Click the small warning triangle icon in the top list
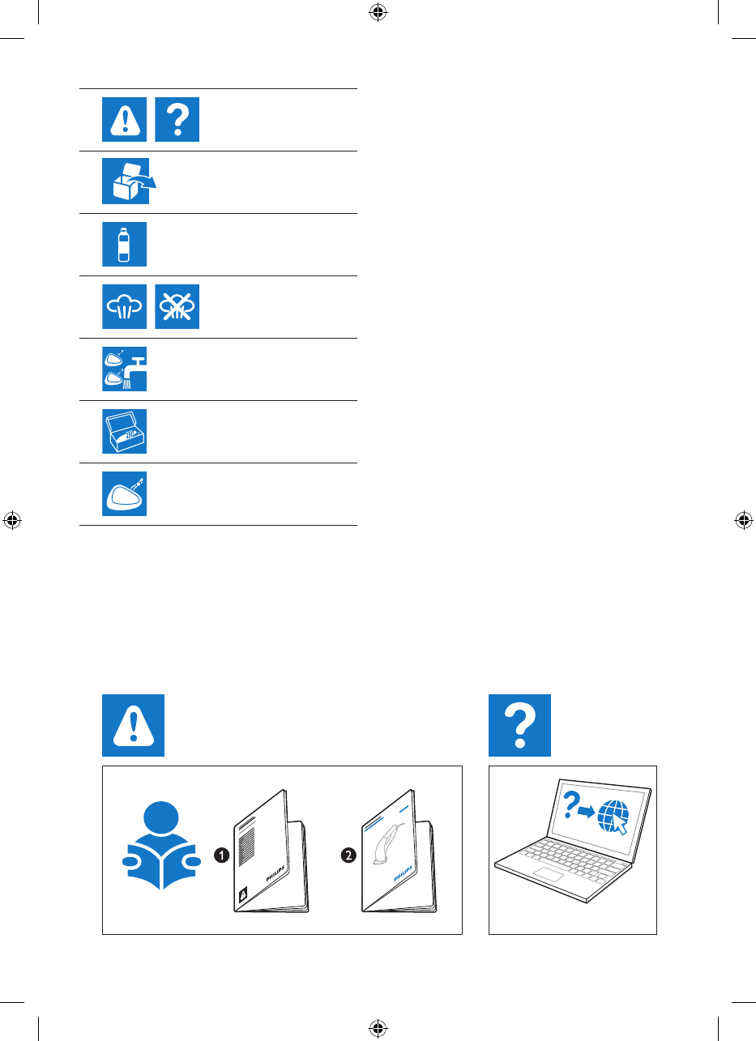tap(124, 120)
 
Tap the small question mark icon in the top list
tap(177, 120)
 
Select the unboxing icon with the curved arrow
tap(126, 181)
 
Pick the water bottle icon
tap(124, 244)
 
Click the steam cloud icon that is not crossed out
tap(124, 306)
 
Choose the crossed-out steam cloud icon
tap(177, 306)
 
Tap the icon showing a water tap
tap(125, 369)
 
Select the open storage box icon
tap(124, 431)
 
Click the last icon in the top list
tap(124, 493)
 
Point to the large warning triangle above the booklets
tap(134, 725)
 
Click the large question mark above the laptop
tap(519, 725)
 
